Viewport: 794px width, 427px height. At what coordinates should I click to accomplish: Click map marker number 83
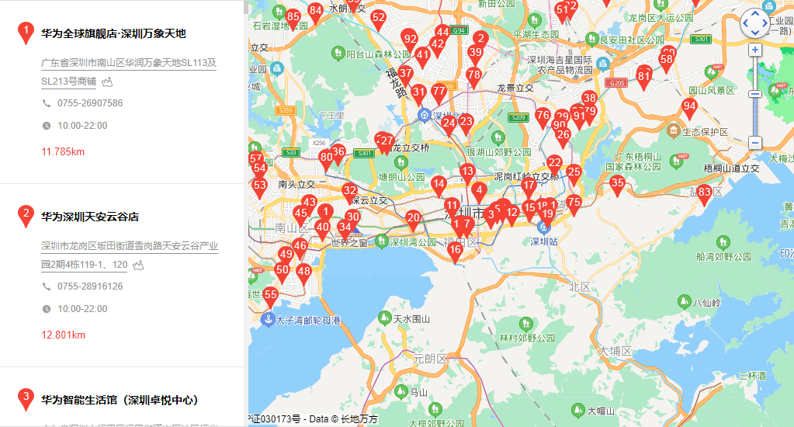[704, 193]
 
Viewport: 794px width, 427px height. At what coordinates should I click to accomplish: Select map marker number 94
[689, 107]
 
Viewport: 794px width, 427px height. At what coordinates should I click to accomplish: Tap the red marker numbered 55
[270, 296]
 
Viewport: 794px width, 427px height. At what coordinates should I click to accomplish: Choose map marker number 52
[378, 18]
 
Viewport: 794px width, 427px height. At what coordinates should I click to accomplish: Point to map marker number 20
[413, 219]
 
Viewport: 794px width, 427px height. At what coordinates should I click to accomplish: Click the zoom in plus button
[755, 50]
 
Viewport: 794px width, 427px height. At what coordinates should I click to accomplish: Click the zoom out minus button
[755, 143]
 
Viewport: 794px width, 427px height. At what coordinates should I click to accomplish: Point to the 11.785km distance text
[63, 151]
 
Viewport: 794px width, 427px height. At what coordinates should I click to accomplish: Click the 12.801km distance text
[63, 335]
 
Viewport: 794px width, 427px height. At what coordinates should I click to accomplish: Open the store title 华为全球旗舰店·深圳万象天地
[113, 33]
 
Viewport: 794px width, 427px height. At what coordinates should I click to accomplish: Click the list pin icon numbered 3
[26, 399]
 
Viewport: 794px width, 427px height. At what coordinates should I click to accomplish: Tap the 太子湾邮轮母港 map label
[308, 319]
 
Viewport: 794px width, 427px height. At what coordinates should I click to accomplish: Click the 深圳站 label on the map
[545, 241]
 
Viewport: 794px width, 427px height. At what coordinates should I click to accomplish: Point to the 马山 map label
[419, 393]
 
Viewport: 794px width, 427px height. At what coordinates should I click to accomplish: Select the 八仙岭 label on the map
[706, 303]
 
